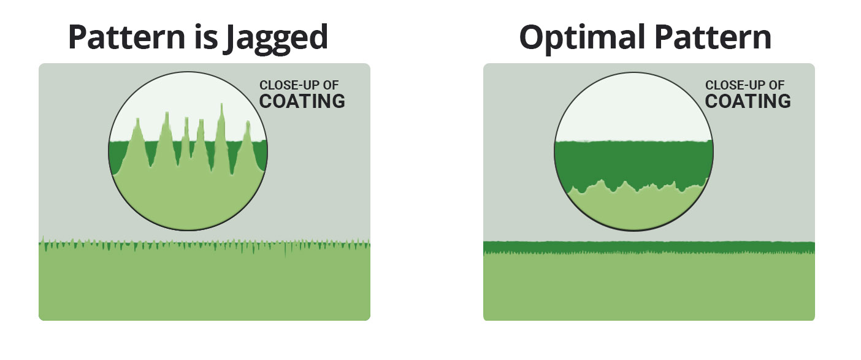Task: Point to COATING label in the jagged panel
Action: click(302, 101)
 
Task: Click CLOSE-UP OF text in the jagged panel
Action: click(299, 85)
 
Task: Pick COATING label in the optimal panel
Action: click(748, 101)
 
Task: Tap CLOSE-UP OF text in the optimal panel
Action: click(744, 85)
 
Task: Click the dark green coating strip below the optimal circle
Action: click(649, 247)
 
